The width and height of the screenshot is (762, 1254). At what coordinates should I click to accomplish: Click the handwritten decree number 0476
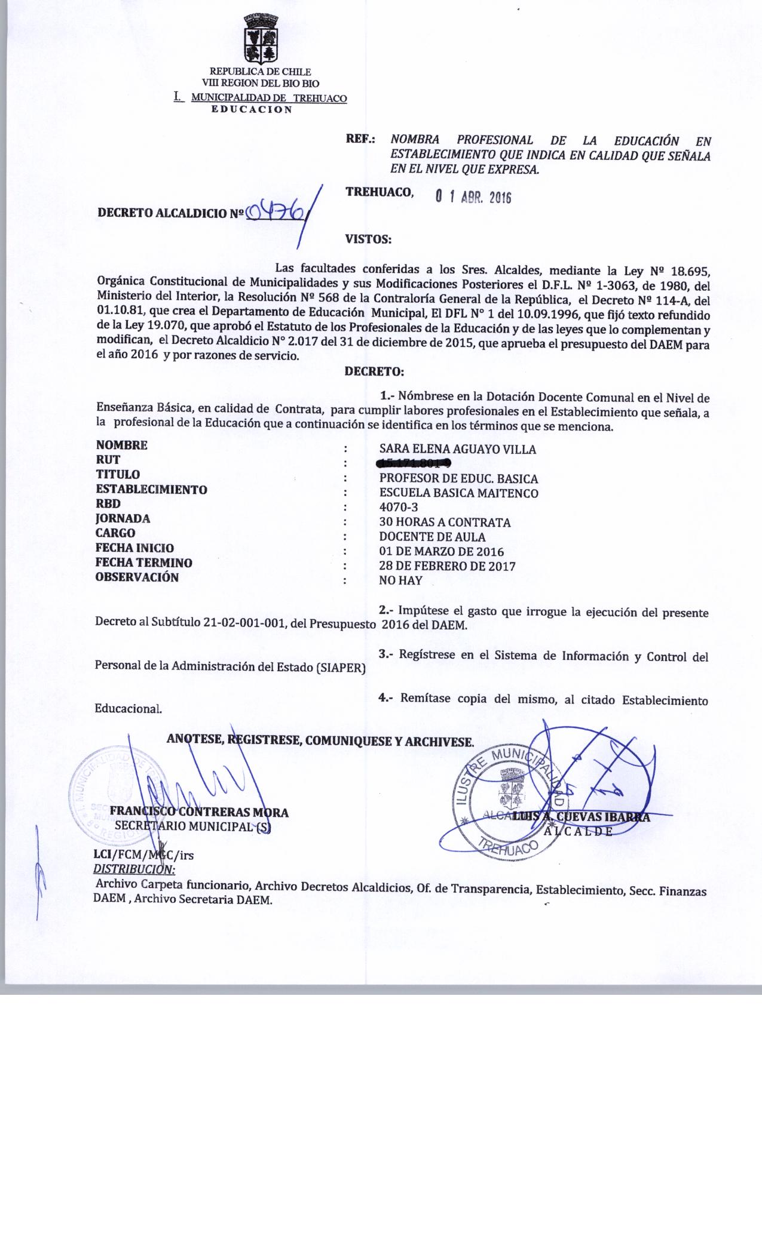[x=278, y=211]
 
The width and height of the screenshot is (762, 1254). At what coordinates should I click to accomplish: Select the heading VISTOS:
[x=368, y=240]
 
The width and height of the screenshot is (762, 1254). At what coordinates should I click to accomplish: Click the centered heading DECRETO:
[x=375, y=372]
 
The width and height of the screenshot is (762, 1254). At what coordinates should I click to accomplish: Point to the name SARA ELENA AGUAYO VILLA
[x=458, y=449]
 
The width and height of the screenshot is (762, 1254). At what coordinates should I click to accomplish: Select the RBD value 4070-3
[x=399, y=508]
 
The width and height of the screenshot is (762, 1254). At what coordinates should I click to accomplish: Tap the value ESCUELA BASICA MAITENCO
[x=458, y=493]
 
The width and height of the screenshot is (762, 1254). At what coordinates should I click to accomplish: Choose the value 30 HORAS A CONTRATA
[x=445, y=522]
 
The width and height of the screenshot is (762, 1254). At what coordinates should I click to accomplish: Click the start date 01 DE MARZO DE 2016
[x=442, y=551]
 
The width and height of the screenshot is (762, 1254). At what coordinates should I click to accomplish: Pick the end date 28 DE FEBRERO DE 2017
[x=448, y=566]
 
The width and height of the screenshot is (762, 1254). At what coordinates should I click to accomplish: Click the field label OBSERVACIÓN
[x=137, y=577]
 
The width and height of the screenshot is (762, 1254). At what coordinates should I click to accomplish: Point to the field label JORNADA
[x=123, y=519]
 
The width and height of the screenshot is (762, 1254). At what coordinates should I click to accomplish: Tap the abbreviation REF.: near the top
[x=360, y=140]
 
